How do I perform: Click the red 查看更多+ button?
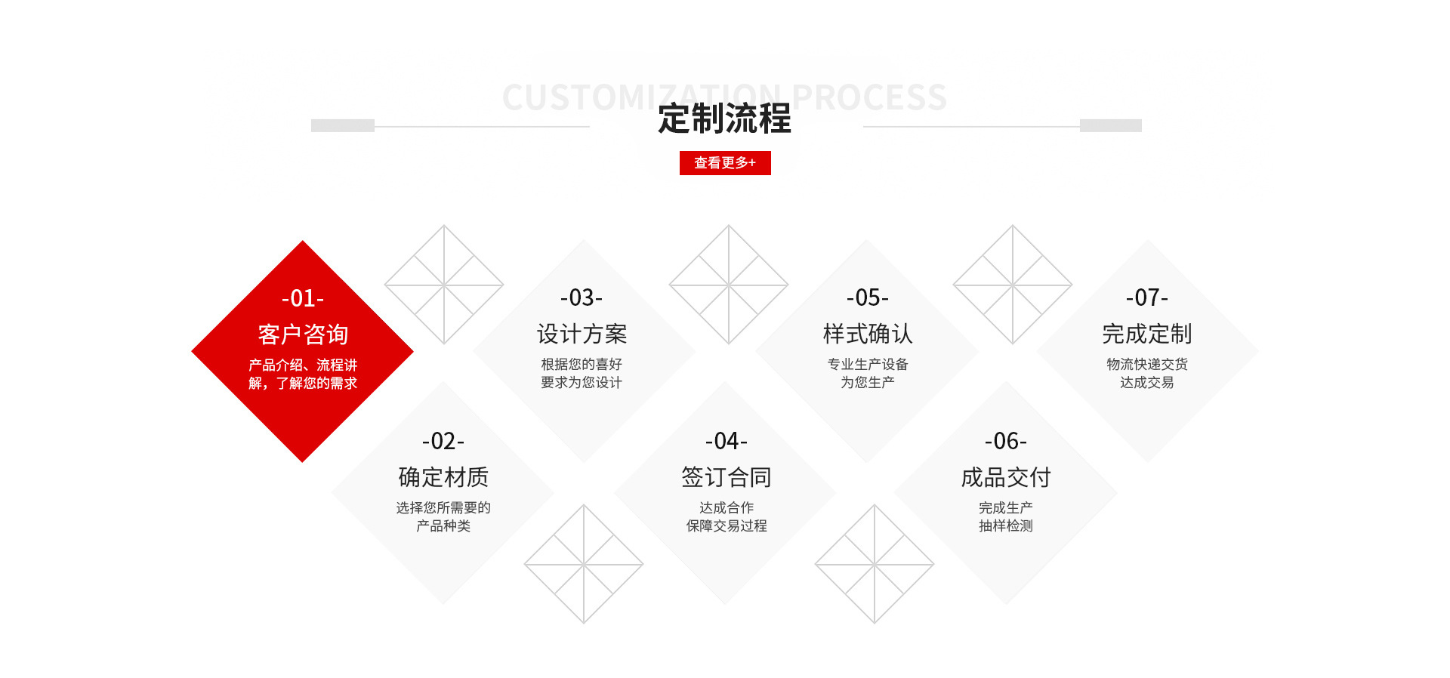coord(725,163)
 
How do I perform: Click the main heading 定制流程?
coord(724,119)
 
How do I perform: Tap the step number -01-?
coord(303,298)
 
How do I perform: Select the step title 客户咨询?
coord(303,334)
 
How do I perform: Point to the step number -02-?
coord(443,441)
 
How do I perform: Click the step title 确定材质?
coord(443,477)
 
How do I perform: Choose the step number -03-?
coord(582,297)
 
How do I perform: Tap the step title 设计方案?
coord(582,334)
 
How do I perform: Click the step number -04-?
coord(727,441)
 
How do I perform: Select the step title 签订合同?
coord(727,477)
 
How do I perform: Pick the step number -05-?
coord(868,297)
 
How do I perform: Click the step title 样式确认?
coord(868,334)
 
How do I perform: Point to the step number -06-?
coord(1006,441)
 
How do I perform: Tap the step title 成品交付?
coord(1006,477)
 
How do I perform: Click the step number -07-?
coord(1147,297)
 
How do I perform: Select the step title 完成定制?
coord(1147,334)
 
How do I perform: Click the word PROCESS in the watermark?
coord(870,97)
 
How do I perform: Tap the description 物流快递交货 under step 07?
coord(1147,364)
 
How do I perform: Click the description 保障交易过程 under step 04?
coord(727,525)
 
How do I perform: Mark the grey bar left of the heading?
coord(343,125)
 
